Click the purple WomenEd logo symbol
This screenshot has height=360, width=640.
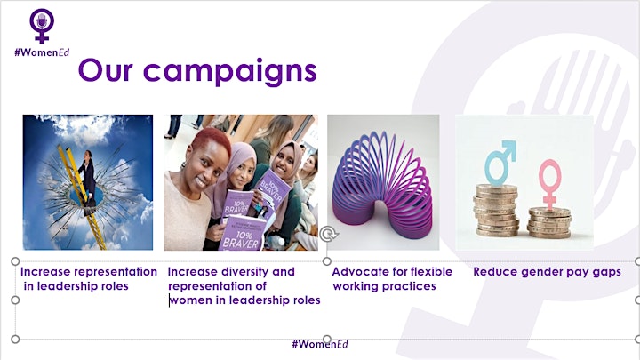coord(42,25)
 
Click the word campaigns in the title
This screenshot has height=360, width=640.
coord(230,71)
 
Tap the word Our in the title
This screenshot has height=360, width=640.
coord(105,70)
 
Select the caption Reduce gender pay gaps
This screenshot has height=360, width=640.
coord(547,272)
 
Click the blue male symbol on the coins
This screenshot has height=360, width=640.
coord(500,163)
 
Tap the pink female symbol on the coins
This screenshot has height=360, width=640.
coord(550,184)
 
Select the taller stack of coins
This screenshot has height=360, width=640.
coord(496,211)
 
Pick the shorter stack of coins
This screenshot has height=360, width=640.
coord(549,223)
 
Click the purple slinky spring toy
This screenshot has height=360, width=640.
coord(382,185)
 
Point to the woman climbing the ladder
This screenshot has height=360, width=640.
coord(89,180)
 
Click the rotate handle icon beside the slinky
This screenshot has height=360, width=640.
coord(329,235)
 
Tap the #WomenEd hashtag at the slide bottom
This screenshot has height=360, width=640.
coord(320,344)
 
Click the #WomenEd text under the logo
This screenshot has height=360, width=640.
coord(42,52)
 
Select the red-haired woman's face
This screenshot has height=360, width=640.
coord(207,163)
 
